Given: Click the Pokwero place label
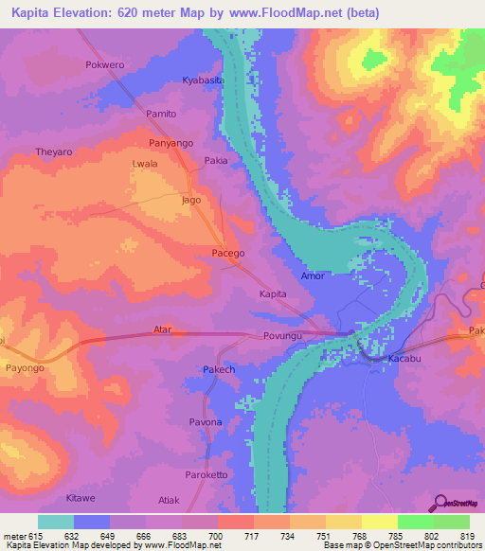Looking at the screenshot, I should (104, 65).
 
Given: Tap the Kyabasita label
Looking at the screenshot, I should (203, 81).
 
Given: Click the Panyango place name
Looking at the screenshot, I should (171, 143).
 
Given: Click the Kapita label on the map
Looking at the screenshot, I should (273, 294).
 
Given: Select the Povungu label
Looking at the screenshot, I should (281, 336).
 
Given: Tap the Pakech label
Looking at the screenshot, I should (219, 369).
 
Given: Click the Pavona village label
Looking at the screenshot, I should (206, 421).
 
